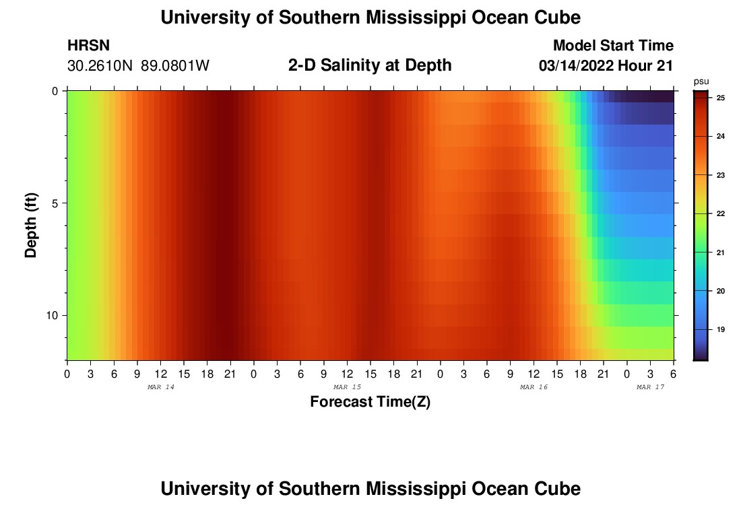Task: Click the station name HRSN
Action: (88, 46)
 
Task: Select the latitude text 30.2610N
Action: (101, 66)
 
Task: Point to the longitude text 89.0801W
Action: (175, 66)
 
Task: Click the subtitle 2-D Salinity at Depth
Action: (369, 65)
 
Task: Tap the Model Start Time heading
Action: (612, 46)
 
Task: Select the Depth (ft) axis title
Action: (31, 225)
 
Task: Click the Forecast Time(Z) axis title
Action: (370, 402)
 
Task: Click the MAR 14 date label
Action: (160, 387)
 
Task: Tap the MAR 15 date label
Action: (347, 387)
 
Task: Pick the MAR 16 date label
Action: (534, 387)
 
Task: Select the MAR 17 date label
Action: (650, 387)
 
